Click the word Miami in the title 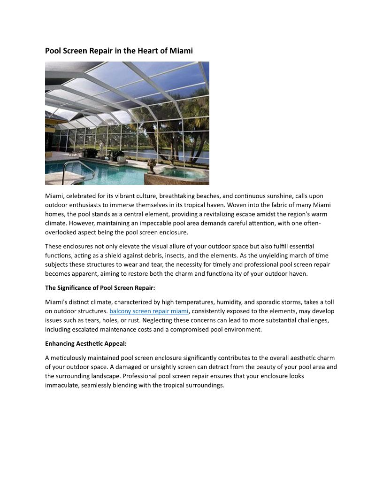coord(182,51)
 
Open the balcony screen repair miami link coord(149,311)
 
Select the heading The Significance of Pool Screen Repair coord(100,288)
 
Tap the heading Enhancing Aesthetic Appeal coord(86,343)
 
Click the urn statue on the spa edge coord(152,164)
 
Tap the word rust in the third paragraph coord(144,320)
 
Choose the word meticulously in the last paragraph coord(69,358)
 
